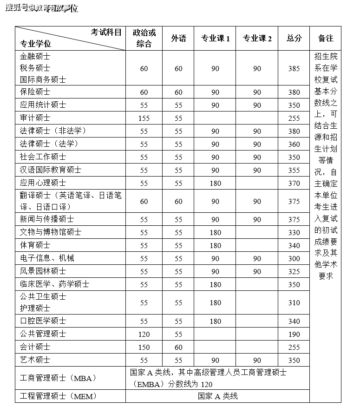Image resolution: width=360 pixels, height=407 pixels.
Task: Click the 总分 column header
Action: pyautogui.click(x=294, y=39)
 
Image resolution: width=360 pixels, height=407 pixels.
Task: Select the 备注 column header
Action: pyautogui.click(x=326, y=39)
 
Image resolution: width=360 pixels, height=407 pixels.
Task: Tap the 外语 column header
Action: pyautogui.click(x=179, y=39)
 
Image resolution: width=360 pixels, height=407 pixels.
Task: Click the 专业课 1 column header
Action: pyautogui.click(x=215, y=39)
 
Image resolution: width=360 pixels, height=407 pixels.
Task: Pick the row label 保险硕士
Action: pyautogui.click(x=35, y=92)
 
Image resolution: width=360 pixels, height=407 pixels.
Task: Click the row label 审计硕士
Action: pyautogui.click(x=35, y=118)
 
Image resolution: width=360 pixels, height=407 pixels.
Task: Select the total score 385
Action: pyautogui.click(x=294, y=69)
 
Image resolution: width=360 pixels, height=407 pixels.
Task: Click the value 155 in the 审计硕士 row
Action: pyautogui.click(x=144, y=118)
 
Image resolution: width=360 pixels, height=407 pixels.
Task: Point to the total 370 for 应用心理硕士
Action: pyautogui.click(x=294, y=184)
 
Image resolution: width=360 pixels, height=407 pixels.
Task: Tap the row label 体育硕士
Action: pyautogui.click(x=35, y=245)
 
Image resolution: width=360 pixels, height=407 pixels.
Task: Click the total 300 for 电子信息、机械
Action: pyautogui.click(x=294, y=258)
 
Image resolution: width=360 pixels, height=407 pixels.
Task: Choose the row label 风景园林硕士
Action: pyautogui.click(x=43, y=271)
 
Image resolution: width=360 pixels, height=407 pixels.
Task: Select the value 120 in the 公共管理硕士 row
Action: pyautogui.click(x=144, y=334)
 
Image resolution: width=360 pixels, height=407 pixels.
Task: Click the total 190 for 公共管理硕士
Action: pyautogui.click(x=294, y=334)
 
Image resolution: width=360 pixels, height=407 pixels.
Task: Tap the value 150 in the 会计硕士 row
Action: pyautogui.click(x=144, y=347)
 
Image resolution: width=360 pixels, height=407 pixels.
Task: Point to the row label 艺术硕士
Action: pyautogui.click(x=35, y=360)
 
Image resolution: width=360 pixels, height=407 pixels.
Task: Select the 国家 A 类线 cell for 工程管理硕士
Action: pyautogui.click(x=217, y=396)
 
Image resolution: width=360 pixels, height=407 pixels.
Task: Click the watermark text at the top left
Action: pyautogui.click(x=42, y=8)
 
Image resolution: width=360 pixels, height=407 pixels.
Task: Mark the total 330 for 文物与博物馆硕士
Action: pyautogui.click(x=294, y=232)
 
